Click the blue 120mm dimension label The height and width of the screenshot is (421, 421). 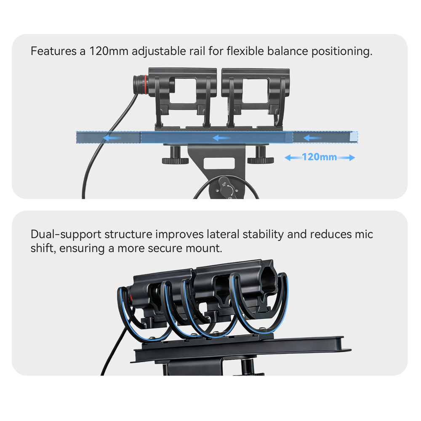coord(319,157)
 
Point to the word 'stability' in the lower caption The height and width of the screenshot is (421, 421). coord(263,234)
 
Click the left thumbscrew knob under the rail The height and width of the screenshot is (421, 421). coord(175,156)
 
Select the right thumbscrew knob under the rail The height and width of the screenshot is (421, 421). coord(261,156)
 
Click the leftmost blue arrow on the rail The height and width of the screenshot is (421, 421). coord(112,138)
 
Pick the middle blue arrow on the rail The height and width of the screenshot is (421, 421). coord(221,138)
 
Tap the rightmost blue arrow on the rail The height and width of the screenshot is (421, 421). coord(312,138)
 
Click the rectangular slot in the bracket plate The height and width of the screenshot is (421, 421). coord(219,163)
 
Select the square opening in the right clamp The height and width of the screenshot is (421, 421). coord(255,91)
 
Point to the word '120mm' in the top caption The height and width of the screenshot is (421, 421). coord(109,51)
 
